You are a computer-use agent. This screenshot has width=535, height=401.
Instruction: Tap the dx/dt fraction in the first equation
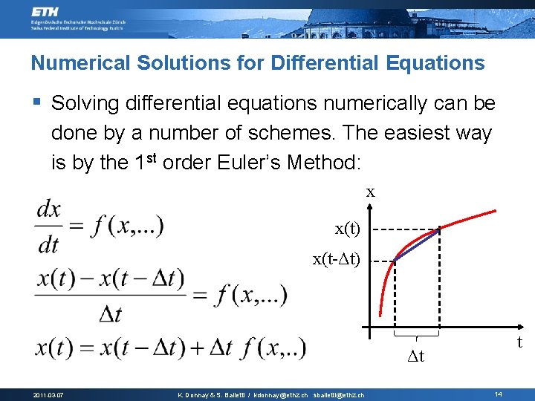pos(49,226)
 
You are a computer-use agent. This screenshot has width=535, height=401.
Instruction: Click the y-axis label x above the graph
pos(370,192)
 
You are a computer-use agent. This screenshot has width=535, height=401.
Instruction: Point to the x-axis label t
pos(519,342)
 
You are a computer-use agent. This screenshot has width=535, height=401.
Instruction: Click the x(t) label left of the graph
pos(347,229)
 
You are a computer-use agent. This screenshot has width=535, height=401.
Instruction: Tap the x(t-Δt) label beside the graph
pos(337,259)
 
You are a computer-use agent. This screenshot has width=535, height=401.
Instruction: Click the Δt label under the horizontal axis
pos(416,356)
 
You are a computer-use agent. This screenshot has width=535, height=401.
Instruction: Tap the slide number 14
pos(498,393)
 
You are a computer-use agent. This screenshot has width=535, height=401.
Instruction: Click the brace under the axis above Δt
pos(417,340)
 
